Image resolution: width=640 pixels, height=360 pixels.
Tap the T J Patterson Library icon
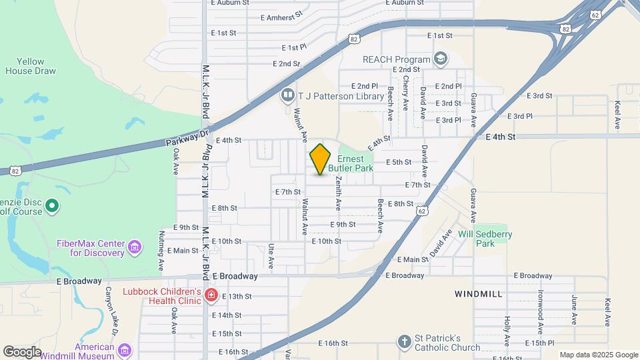287,95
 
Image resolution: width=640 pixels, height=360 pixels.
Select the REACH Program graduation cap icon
440,59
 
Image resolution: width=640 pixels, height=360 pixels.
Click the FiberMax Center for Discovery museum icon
134,247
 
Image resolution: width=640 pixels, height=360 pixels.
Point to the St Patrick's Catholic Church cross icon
403,342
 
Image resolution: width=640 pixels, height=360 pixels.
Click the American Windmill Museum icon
124,351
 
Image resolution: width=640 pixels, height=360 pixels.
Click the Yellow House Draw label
25,65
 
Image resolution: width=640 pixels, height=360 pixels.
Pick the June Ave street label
573,310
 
